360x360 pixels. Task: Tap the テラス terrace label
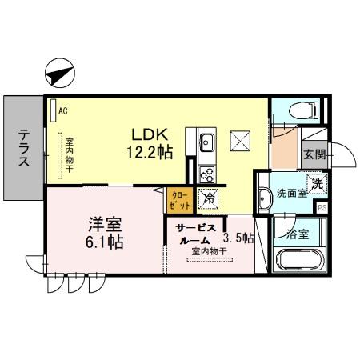point(23,149)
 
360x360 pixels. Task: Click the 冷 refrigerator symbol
point(208,198)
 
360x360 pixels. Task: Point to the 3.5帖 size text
point(238,238)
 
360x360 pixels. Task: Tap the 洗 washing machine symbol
point(317,183)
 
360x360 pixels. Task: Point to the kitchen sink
point(206,142)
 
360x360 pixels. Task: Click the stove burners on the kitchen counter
point(206,173)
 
